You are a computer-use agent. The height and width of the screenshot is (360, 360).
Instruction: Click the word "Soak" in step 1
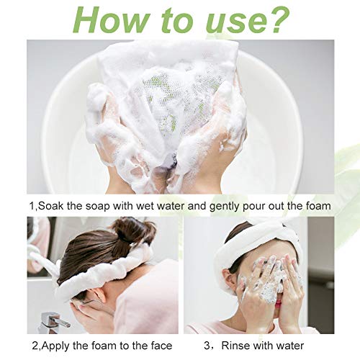(50, 206)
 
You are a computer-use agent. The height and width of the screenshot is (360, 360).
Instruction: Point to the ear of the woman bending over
(98, 293)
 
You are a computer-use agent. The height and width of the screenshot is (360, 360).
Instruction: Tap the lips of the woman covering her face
(278, 304)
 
